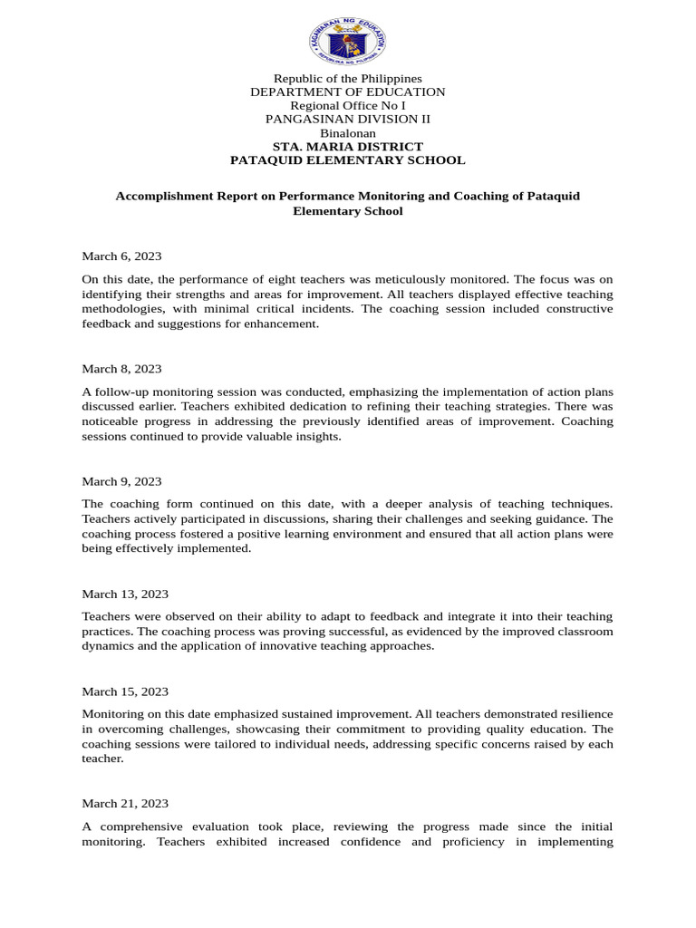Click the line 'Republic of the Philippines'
(x=348, y=79)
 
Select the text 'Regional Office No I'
(x=348, y=106)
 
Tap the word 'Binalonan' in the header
(x=348, y=133)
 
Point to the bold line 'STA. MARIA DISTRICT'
(x=348, y=147)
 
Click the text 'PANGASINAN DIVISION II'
(x=348, y=120)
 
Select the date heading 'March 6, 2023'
(x=121, y=256)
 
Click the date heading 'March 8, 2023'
(x=121, y=369)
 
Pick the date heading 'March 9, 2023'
(x=121, y=481)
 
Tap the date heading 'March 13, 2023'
(x=125, y=594)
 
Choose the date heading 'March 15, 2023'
(x=125, y=691)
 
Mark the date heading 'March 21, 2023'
(x=125, y=804)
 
